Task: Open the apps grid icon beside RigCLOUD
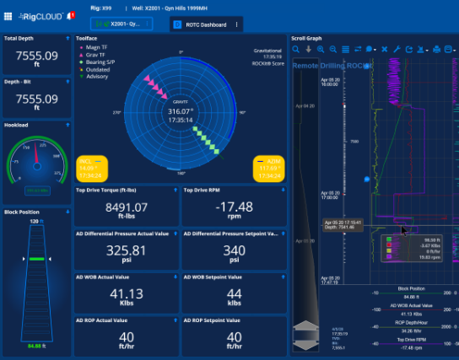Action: [9, 15]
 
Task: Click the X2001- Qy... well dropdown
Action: [126, 24]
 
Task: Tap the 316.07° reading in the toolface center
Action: [181, 110]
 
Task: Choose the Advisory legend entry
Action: [94, 76]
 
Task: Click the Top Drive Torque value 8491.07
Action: [124, 207]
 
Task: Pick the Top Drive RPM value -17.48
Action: [232, 207]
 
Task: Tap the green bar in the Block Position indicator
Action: [35, 258]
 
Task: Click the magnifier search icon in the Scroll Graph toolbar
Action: [296, 50]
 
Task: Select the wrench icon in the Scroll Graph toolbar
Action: [397, 50]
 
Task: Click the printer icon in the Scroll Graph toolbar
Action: [436, 50]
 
